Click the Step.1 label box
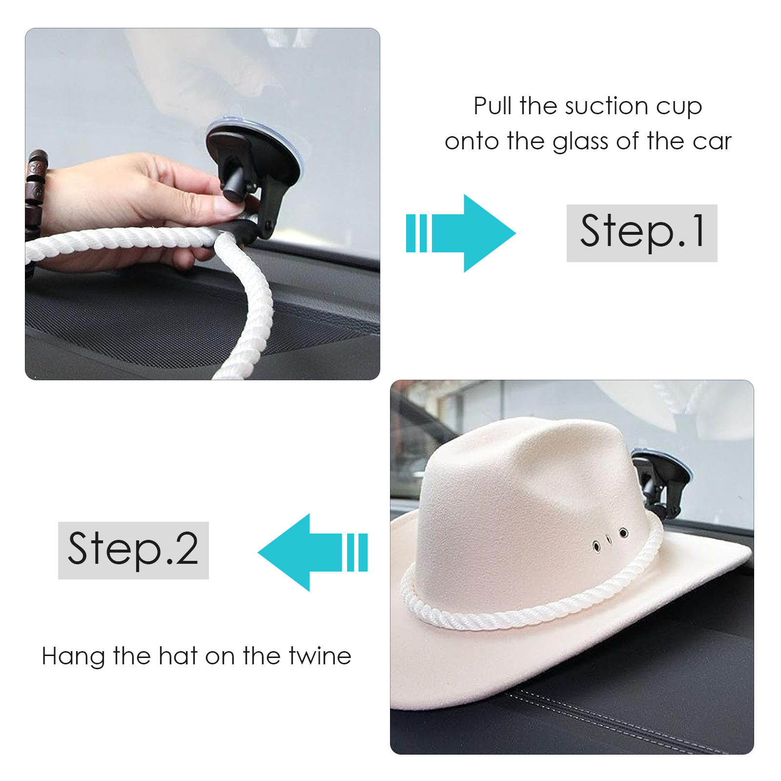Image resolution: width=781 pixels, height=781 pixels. click(x=642, y=233)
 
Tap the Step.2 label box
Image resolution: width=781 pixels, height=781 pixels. click(x=133, y=550)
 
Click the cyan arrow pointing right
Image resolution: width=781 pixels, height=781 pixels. click(x=461, y=233)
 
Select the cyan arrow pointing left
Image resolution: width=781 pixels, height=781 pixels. click(x=312, y=552)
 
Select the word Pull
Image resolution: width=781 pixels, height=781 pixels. click(x=493, y=106)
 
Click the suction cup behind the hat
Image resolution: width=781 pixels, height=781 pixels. click(x=661, y=481)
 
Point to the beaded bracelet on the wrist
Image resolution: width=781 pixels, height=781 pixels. click(x=35, y=195)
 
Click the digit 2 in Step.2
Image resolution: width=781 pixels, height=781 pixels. click(x=186, y=549)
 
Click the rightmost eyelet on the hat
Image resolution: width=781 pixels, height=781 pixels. click(x=623, y=533)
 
